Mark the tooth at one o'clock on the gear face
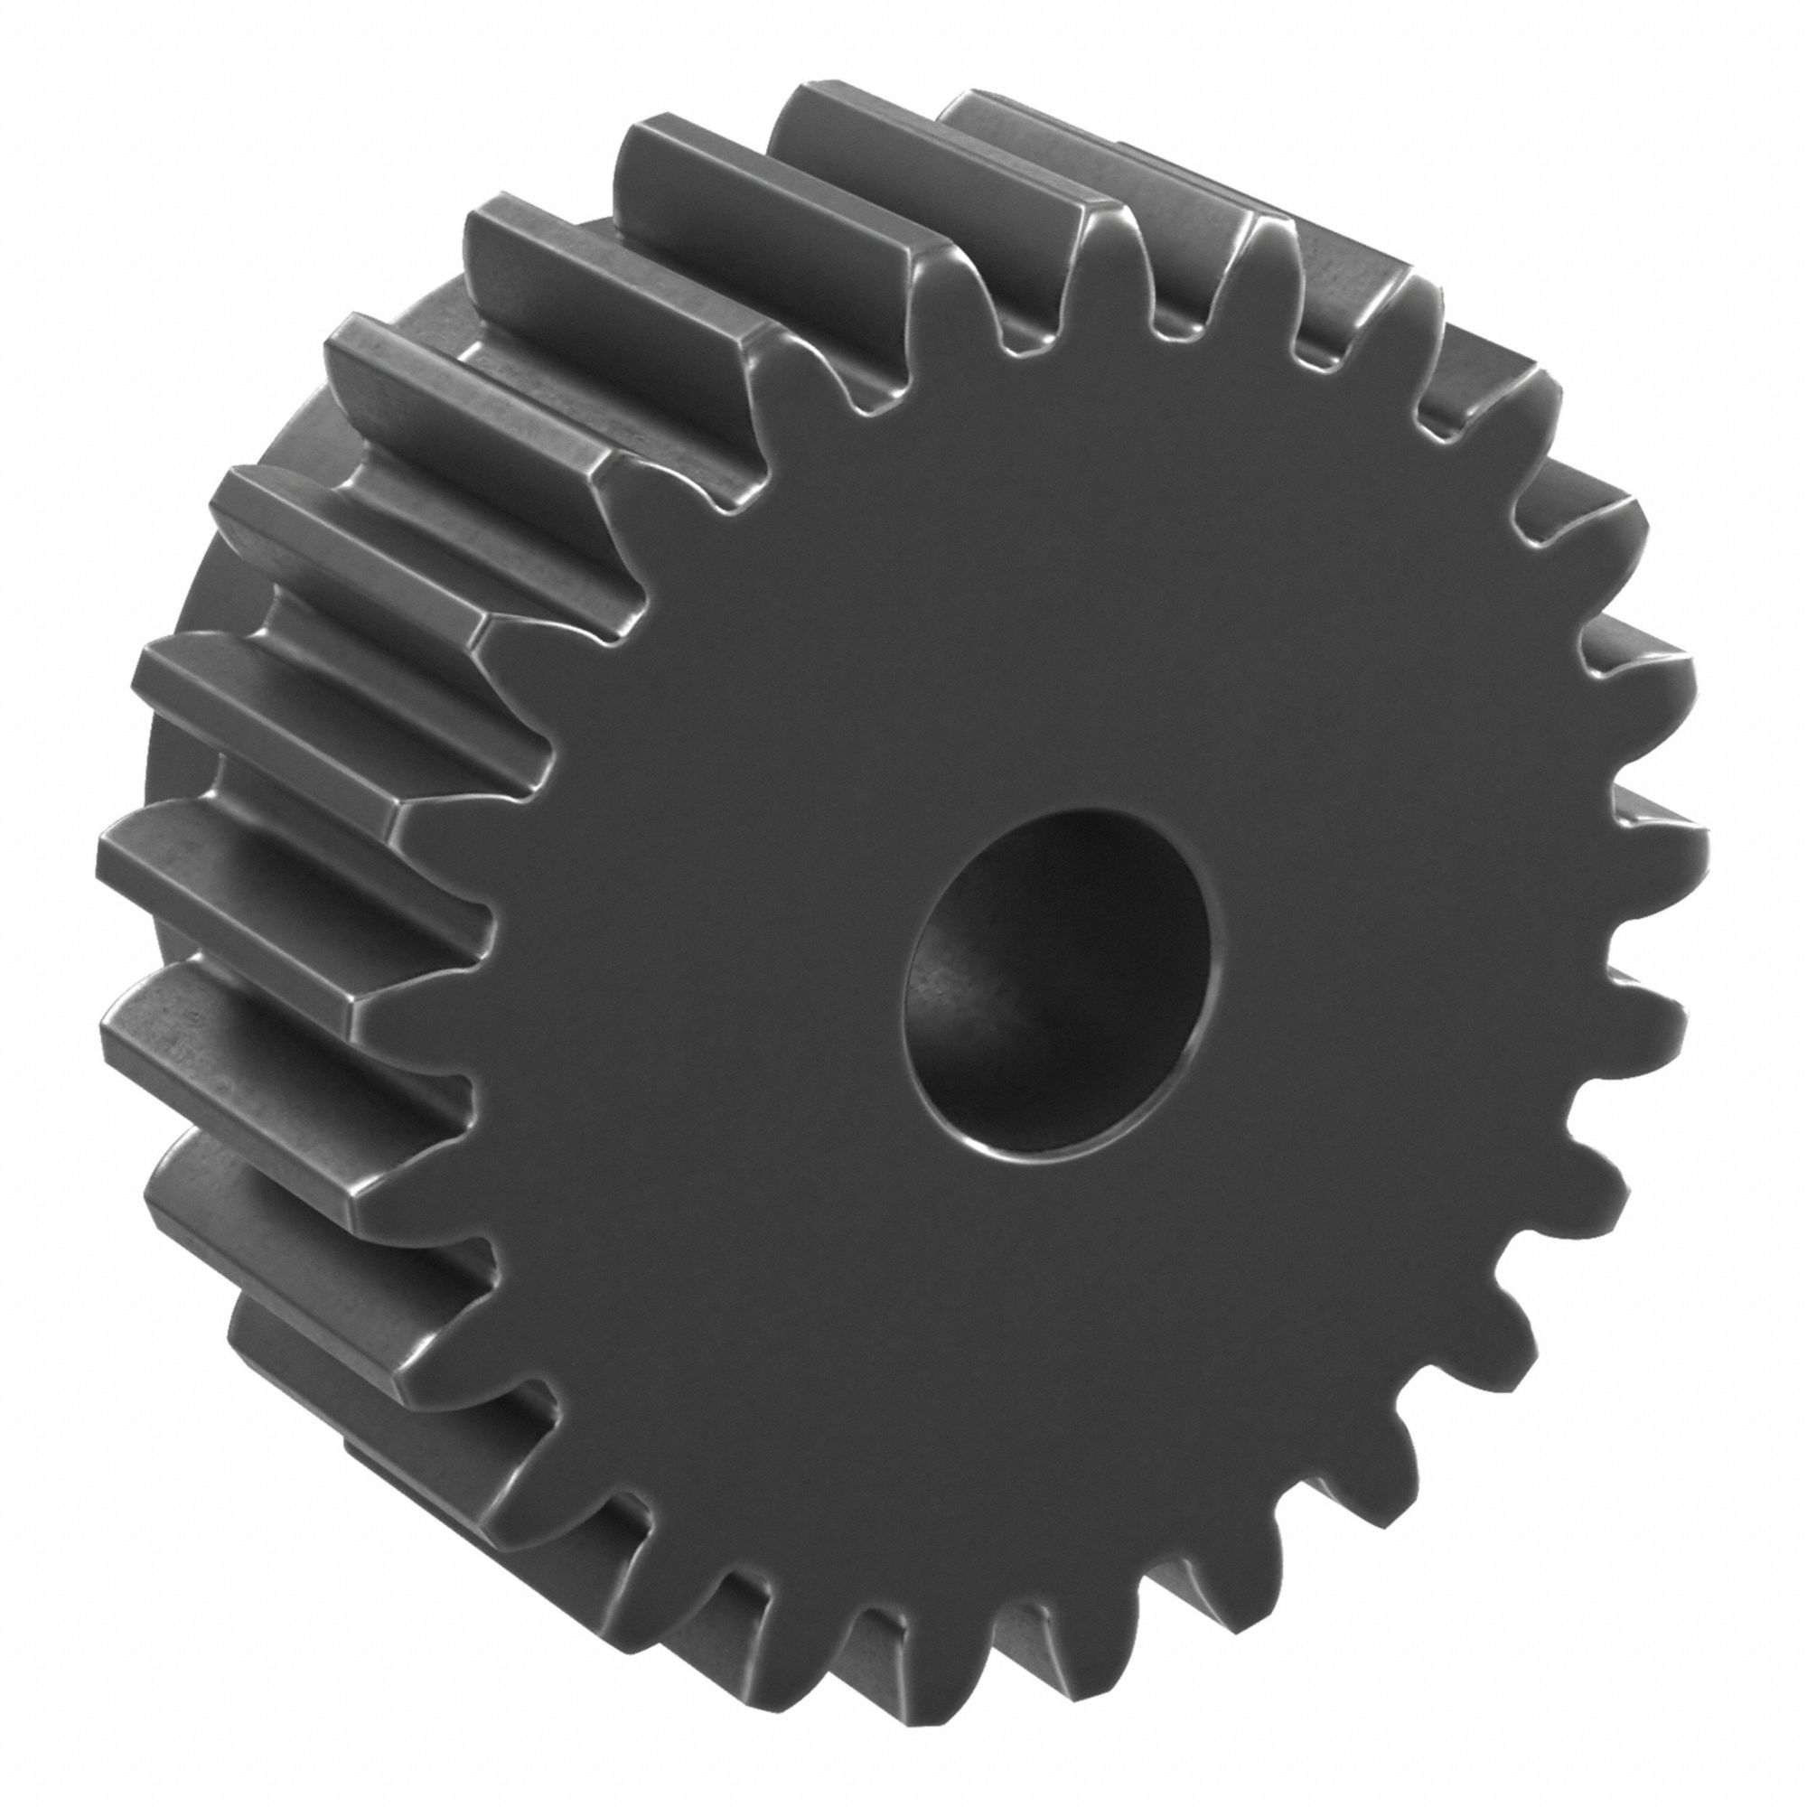(1403, 309)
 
